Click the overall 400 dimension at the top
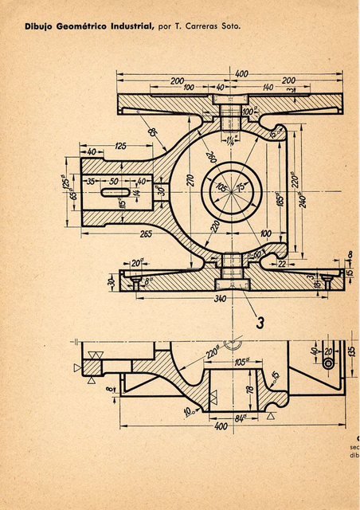click(241, 73)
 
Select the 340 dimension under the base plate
click(221, 299)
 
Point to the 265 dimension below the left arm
click(146, 233)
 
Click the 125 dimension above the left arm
click(121, 146)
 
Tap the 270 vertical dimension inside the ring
click(190, 179)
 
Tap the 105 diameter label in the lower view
click(241, 361)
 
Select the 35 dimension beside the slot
click(90, 182)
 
